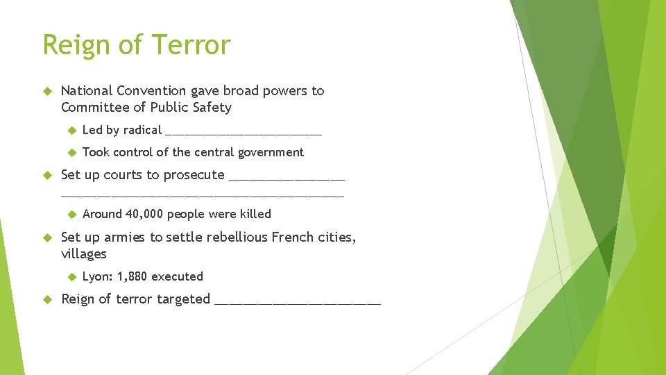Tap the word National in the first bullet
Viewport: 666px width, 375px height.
(x=87, y=90)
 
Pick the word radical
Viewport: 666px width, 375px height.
(x=142, y=130)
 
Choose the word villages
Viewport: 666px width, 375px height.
(x=83, y=253)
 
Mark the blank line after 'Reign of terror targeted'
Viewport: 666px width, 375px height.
(x=298, y=301)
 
